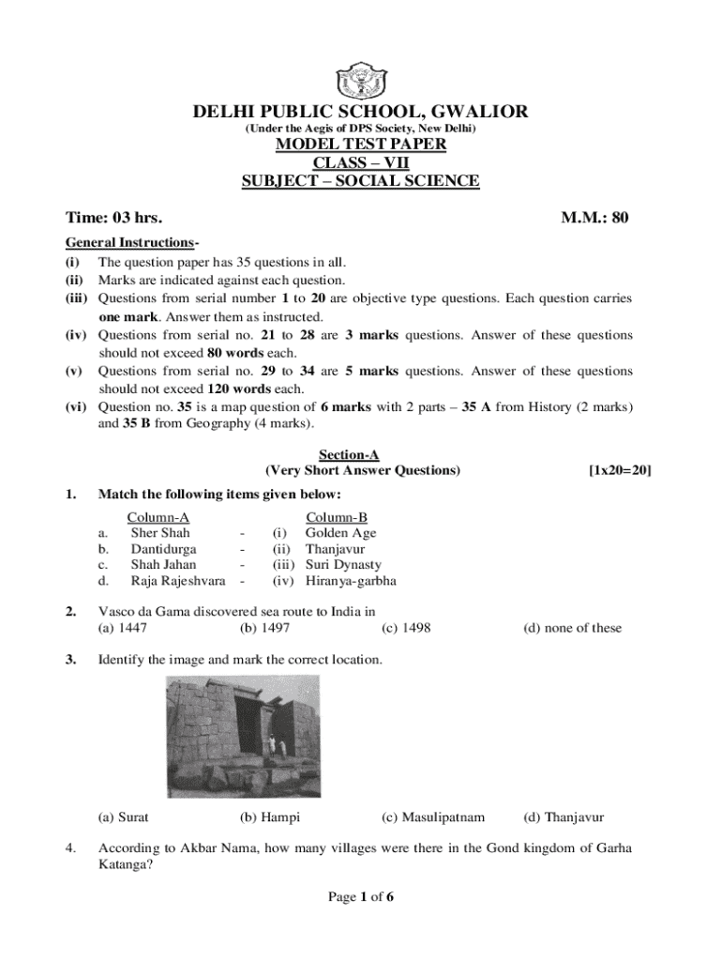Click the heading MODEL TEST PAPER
pyautogui.click(x=360, y=145)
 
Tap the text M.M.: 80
pyautogui.click(x=594, y=219)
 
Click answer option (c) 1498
pyautogui.click(x=406, y=628)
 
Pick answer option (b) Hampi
pyautogui.click(x=270, y=817)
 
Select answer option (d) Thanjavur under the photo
pyautogui.click(x=564, y=817)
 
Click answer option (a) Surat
pyautogui.click(x=124, y=817)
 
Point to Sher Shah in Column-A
pyautogui.click(x=160, y=533)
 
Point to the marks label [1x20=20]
pyautogui.click(x=620, y=470)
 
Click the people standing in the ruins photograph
pyautogui.click(x=271, y=745)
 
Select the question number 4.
pyautogui.click(x=70, y=849)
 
